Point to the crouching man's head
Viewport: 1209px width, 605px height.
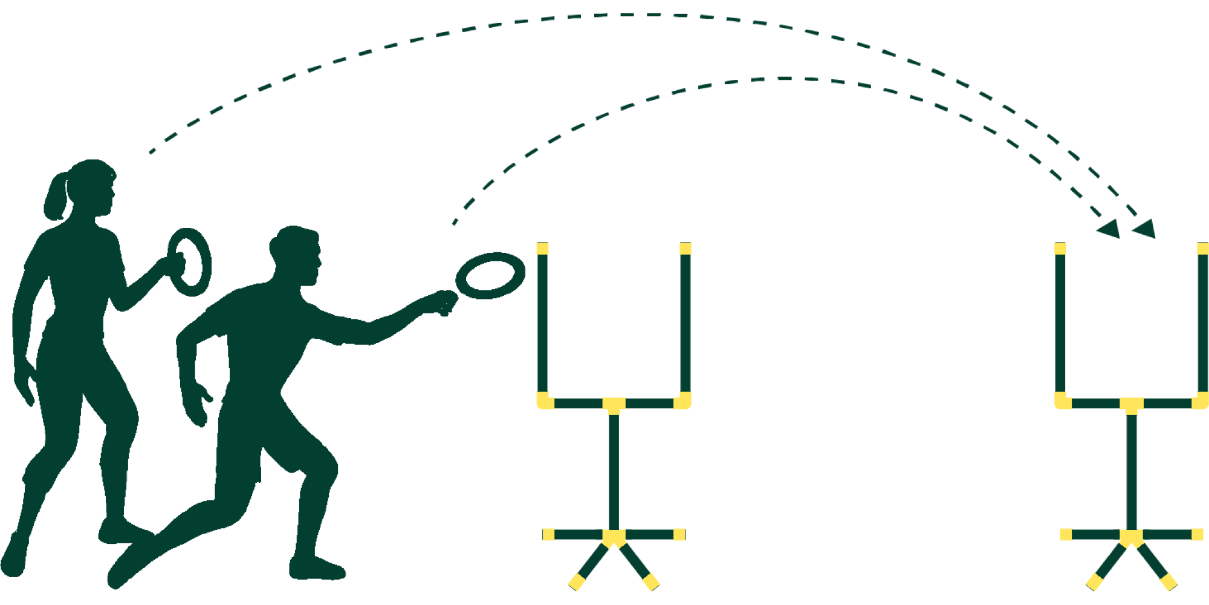pyautogui.click(x=297, y=257)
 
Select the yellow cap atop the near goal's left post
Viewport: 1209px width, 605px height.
pyautogui.click(x=542, y=249)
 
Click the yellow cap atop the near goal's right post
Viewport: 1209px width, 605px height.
pyautogui.click(x=685, y=249)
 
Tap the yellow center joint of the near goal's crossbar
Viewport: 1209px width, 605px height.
pyautogui.click(x=614, y=404)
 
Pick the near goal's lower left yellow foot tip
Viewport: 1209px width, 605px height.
pyautogui.click(x=577, y=582)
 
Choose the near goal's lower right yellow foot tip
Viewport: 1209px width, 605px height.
pyautogui.click(x=651, y=582)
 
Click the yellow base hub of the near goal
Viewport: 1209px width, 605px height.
pyautogui.click(x=614, y=536)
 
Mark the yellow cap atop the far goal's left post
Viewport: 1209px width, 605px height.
pyautogui.click(x=1060, y=249)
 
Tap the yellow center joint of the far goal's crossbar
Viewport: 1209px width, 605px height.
pyautogui.click(x=1131, y=404)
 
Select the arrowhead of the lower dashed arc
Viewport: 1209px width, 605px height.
pyautogui.click(x=1109, y=229)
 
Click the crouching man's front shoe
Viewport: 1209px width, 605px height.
pyautogui.click(x=317, y=569)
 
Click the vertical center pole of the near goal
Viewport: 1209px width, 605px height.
pyautogui.click(x=614, y=472)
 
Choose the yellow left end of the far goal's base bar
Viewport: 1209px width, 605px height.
pyautogui.click(x=1066, y=534)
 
